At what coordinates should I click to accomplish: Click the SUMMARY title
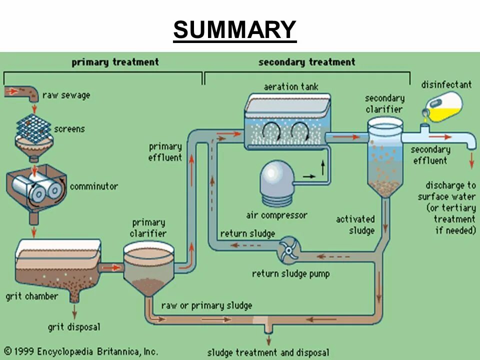point(234,30)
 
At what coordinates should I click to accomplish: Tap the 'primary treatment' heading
point(114,62)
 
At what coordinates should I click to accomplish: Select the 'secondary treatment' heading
point(306,62)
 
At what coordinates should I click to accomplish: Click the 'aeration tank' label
point(291,86)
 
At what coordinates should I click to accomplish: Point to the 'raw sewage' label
point(66,95)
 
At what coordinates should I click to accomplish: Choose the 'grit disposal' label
point(74,327)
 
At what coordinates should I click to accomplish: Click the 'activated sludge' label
point(355,224)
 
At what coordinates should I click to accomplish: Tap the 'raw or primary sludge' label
point(206,305)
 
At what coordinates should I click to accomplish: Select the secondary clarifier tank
point(384,155)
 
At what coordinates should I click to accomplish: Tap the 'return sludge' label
point(247,233)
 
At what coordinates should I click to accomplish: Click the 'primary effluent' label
point(165,152)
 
